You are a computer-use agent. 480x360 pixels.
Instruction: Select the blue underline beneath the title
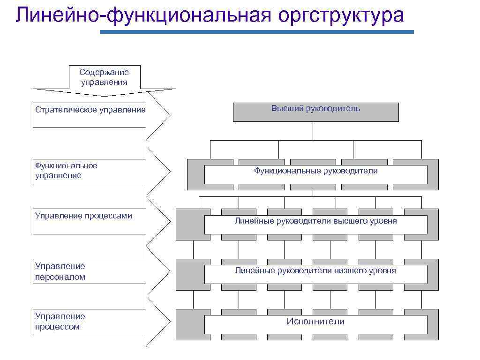coord(257,32)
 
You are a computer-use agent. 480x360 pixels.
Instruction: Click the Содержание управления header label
coord(104,77)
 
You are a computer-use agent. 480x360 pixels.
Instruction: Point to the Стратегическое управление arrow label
coord(90,110)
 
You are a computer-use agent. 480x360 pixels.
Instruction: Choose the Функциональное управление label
coord(66,171)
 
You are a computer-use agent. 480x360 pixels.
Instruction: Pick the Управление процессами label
coord(83,216)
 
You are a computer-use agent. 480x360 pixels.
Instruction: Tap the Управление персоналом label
coord(60,271)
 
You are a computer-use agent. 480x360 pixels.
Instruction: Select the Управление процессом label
coord(60,322)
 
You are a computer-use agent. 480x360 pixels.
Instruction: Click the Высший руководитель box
coord(315,112)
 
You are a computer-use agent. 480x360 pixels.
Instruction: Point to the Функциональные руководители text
coord(316,171)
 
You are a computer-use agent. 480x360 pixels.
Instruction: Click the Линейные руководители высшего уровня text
coord(315,221)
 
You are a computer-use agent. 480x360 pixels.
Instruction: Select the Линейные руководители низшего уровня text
coord(315,270)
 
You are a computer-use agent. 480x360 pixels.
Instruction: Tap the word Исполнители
coord(315,322)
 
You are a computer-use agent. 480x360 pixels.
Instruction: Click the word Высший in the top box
coord(287,108)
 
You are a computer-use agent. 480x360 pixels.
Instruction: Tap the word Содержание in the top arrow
coord(104,72)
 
